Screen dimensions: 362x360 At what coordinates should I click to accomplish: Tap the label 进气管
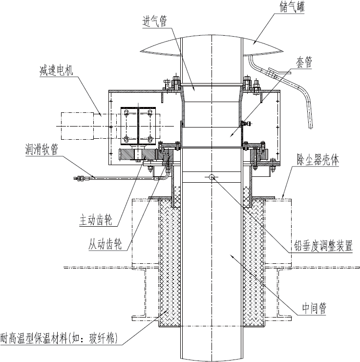pyautogui.click(x=155, y=21)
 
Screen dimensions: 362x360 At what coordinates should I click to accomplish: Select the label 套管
pyautogui.click(x=304, y=62)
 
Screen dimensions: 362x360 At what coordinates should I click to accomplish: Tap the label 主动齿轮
pyautogui.click(x=96, y=220)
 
